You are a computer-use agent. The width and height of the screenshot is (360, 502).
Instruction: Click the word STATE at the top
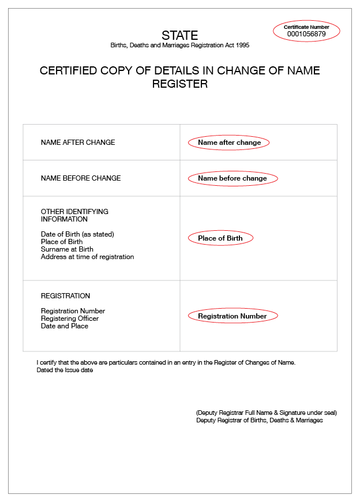pos(179,35)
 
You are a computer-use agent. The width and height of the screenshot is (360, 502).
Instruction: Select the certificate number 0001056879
pos(306,34)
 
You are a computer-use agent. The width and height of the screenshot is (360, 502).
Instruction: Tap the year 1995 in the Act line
pos(243,45)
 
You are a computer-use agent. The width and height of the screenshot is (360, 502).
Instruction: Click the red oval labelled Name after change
pos(229,143)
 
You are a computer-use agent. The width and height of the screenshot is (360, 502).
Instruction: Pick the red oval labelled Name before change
pos(232,178)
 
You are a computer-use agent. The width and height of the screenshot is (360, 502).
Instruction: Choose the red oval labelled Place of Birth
pos(220,238)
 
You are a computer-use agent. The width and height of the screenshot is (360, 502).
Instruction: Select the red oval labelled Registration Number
pos(232,316)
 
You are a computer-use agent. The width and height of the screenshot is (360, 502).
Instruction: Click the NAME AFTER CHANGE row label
pos(78,143)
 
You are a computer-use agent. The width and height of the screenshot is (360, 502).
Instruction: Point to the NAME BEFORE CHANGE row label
pos(81,178)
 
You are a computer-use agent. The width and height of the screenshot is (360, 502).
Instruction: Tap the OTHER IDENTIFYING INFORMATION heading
pos(74,215)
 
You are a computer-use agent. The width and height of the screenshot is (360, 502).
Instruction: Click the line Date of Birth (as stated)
pos(77,234)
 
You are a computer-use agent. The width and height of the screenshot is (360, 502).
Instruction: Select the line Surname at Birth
pos(67,249)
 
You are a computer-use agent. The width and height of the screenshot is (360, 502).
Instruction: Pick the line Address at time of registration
pos(87,257)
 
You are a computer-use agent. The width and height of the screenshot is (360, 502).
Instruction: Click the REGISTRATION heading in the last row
pos(65,296)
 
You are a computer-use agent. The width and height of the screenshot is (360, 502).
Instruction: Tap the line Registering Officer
pos(70,319)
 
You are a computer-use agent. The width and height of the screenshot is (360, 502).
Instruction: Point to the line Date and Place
pos(65,326)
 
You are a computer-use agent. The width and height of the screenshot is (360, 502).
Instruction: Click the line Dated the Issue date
pos(65,370)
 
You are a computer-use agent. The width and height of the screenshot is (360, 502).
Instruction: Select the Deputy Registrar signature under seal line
pos(266,413)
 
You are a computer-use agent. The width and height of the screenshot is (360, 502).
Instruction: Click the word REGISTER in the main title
pos(179,84)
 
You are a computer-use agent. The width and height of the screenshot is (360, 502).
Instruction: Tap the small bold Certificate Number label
pos(306,27)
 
